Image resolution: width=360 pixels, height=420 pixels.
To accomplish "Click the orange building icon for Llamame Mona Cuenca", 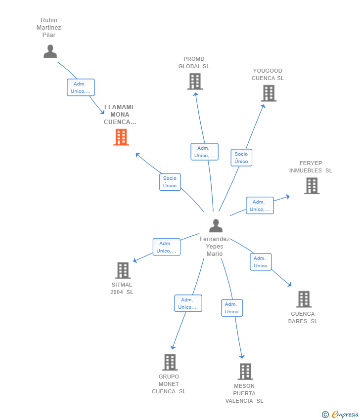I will [x=121, y=137].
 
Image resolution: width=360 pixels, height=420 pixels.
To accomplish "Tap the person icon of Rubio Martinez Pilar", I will [x=50, y=51].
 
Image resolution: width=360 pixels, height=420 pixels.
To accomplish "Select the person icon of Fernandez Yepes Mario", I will [x=216, y=226].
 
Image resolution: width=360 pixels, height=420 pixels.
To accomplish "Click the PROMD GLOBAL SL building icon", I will [x=195, y=82].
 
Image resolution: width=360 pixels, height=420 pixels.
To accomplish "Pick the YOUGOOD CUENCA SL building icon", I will [x=269, y=93].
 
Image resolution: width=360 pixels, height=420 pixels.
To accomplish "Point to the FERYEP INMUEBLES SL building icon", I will [x=312, y=186].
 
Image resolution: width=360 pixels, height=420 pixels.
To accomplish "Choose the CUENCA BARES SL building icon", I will [x=304, y=299].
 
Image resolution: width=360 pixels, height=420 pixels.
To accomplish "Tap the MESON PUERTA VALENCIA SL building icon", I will [x=245, y=372].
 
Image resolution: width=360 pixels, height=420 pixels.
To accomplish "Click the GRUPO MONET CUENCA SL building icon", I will [x=170, y=362].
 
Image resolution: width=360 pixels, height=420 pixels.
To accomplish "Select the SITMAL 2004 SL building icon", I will [x=123, y=270].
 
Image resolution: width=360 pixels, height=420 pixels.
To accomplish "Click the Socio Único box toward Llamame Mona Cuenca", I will [x=170, y=182].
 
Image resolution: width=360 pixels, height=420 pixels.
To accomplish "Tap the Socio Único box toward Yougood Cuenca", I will [x=241, y=158].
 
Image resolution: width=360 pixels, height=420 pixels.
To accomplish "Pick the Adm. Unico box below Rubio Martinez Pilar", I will [x=81, y=87].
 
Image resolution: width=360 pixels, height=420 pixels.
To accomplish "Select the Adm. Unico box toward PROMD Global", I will [x=204, y=152].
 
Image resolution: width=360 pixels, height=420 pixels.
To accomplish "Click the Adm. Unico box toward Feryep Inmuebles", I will [x=260, y=206].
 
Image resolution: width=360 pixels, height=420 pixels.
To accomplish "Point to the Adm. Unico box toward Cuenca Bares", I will [x=261, y=262].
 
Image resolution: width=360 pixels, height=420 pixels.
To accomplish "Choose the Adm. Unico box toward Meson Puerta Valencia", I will [x=232, y=308].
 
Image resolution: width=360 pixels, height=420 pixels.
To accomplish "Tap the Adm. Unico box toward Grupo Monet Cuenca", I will [x=188, y=303].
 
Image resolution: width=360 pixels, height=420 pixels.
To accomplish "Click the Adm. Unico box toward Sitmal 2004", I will [x=166, y=247].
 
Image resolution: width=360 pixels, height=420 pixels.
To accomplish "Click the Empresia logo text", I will [x=345, y=415].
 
